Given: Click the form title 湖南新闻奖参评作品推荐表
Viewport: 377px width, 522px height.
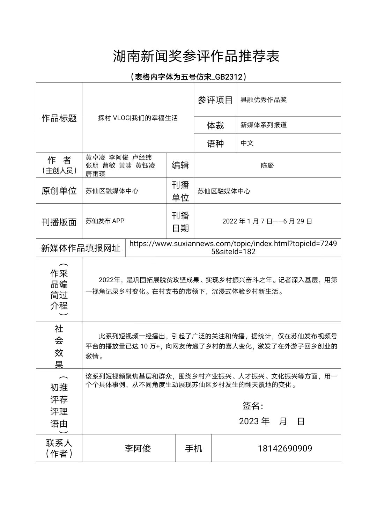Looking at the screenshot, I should pos(196,56).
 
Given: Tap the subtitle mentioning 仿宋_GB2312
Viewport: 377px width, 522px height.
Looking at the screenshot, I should pos(188,77).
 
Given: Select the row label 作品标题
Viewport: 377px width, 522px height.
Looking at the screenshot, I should pos(59,118).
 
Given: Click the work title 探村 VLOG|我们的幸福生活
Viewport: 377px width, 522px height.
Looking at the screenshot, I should pos(138,118).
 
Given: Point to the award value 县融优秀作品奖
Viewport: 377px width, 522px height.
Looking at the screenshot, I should pos(264,100).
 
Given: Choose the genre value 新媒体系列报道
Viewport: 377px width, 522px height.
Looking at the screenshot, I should pos(264,125).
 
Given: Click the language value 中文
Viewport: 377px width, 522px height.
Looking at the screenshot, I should pos(247,143).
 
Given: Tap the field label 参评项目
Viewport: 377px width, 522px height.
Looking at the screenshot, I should pos(215,100).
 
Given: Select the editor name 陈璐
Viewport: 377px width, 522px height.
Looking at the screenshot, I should pos(267,166).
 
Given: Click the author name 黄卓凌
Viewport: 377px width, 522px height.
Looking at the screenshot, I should pos(95,157).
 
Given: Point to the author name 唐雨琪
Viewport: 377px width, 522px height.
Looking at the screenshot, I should pos(95,174).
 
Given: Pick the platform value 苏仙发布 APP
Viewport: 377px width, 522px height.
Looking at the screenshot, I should pos(105,221).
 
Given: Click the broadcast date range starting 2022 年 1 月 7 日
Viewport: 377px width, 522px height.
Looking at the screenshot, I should pos(267,221).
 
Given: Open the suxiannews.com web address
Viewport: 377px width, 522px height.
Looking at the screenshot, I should pos(233,248).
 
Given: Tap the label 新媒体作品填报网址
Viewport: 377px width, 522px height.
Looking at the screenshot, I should pos(81,248).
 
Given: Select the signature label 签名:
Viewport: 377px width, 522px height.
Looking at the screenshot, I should pos(253,406).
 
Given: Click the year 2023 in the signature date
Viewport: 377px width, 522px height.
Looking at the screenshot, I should pos(249,421).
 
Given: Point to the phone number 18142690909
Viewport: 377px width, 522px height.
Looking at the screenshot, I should pos(285,449).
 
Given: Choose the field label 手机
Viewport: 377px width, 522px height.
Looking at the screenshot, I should pos(193,449).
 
